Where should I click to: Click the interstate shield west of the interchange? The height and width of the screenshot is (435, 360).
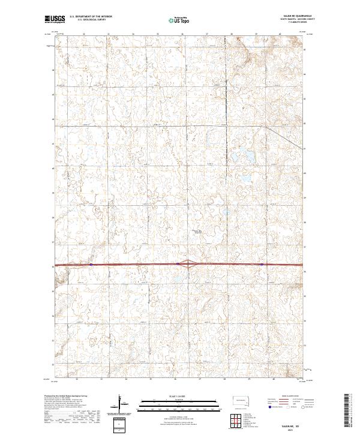178,263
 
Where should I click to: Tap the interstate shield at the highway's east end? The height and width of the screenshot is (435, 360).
262,263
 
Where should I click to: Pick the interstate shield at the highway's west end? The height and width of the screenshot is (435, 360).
91,263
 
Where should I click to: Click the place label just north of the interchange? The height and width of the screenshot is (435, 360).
196,232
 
